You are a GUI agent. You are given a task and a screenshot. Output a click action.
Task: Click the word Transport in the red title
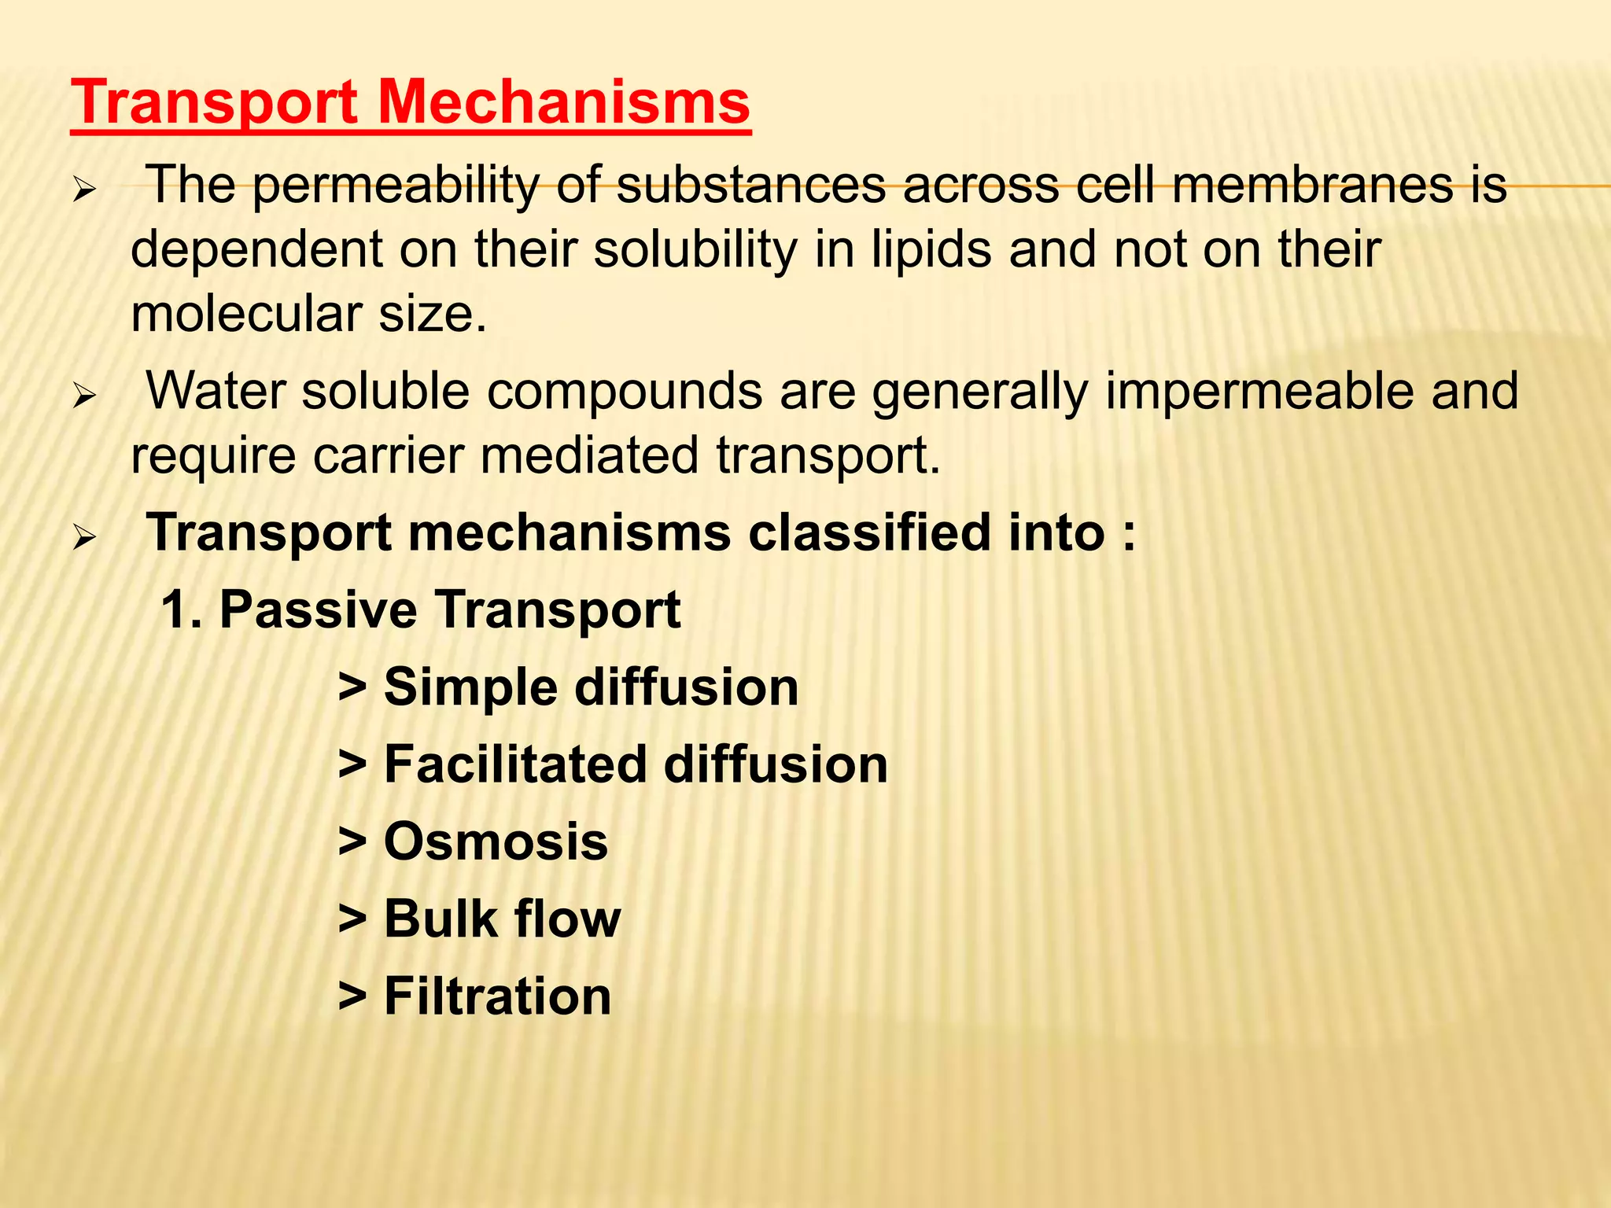coord(214,104)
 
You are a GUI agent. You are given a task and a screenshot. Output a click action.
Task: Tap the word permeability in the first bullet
coord(396,187)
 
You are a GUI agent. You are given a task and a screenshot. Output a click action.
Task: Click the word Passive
coord(318,610)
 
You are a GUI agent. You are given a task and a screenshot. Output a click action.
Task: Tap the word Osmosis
coord(496,842)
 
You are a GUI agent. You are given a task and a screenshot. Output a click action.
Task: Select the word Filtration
coord(497,996)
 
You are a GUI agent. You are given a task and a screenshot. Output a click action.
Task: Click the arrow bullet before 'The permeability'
coord(83,190)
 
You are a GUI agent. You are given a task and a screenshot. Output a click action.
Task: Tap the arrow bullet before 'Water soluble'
coord(83,395)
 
